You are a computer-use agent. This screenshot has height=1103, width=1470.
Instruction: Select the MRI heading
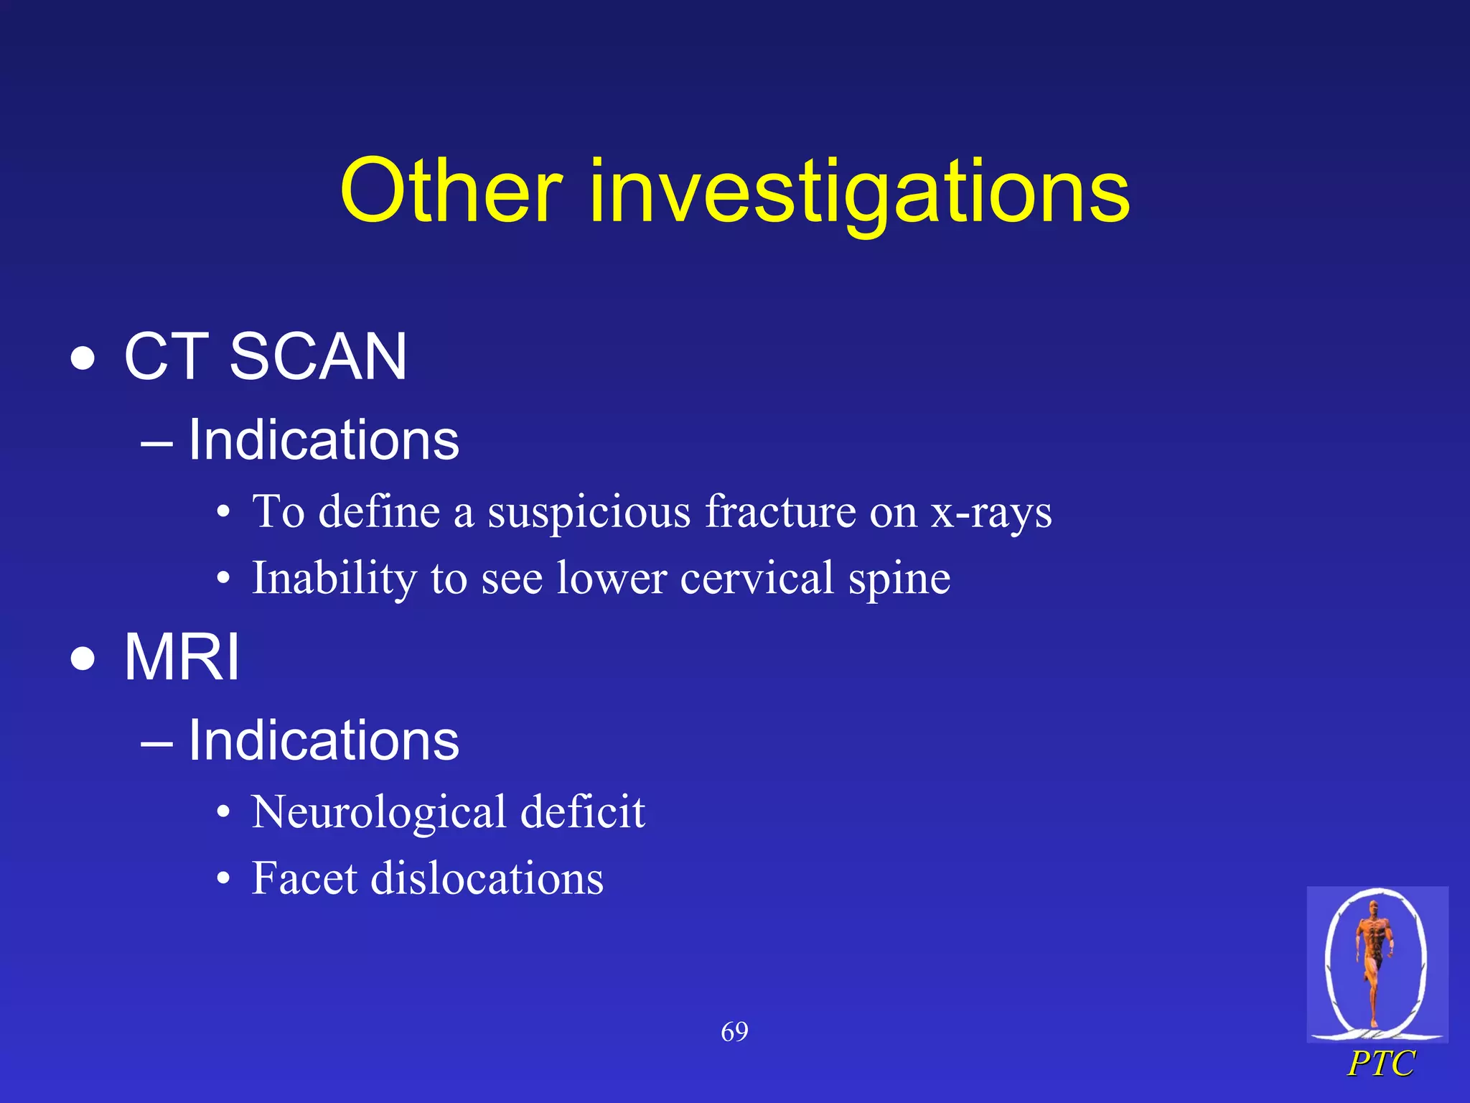pos(182,657)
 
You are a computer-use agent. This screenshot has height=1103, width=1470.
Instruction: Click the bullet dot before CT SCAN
pos(83,358)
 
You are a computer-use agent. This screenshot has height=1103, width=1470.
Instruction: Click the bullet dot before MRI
pos(83,659)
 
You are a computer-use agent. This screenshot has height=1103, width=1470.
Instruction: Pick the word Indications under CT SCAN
pos(323,439)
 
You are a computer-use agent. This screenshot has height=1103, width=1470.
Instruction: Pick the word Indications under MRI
pos(323,740)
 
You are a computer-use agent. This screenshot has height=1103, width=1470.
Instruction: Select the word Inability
pos(334,579)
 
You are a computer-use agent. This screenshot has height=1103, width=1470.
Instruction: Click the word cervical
pos(757,578)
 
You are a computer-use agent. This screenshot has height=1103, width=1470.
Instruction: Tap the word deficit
pos(582,812)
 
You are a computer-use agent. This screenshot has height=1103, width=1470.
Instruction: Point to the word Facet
pos(304,878)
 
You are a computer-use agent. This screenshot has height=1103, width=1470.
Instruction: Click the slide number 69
pos(734,1032)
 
